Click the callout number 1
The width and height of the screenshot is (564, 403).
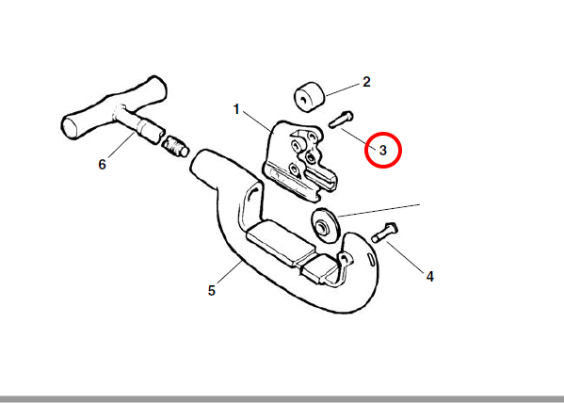click(x=236, y=109)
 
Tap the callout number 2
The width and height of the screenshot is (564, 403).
click(x=366, y=82)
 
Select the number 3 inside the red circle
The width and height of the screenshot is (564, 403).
click(x=382, y=150)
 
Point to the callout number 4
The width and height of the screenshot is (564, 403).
click(x=430, y=277)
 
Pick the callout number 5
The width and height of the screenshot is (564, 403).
click(x=212, y=290)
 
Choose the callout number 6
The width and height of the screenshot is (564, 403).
click(x=102, y=165)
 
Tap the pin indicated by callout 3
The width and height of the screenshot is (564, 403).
click(x=341, y=120)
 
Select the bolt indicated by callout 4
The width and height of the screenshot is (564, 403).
click(x=384, y=233)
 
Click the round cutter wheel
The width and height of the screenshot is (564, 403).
click(x=325, y=226)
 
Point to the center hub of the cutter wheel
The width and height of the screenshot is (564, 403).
click(x=322, y=228)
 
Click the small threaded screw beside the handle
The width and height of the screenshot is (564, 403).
click(x=175, y=147)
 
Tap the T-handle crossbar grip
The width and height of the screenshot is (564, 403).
click(x=114, y=107)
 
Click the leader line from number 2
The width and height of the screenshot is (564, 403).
click(x=343, y=89)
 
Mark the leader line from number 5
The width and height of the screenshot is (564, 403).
click(x=229, y=272)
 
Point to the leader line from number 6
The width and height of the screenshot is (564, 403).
click(x=121, y=145)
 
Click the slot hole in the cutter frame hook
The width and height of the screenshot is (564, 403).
click(x=371, y=260)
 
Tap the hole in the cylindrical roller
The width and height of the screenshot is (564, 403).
click(x=304, y=99)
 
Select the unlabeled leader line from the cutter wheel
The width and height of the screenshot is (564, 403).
click(x=379, y=211)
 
